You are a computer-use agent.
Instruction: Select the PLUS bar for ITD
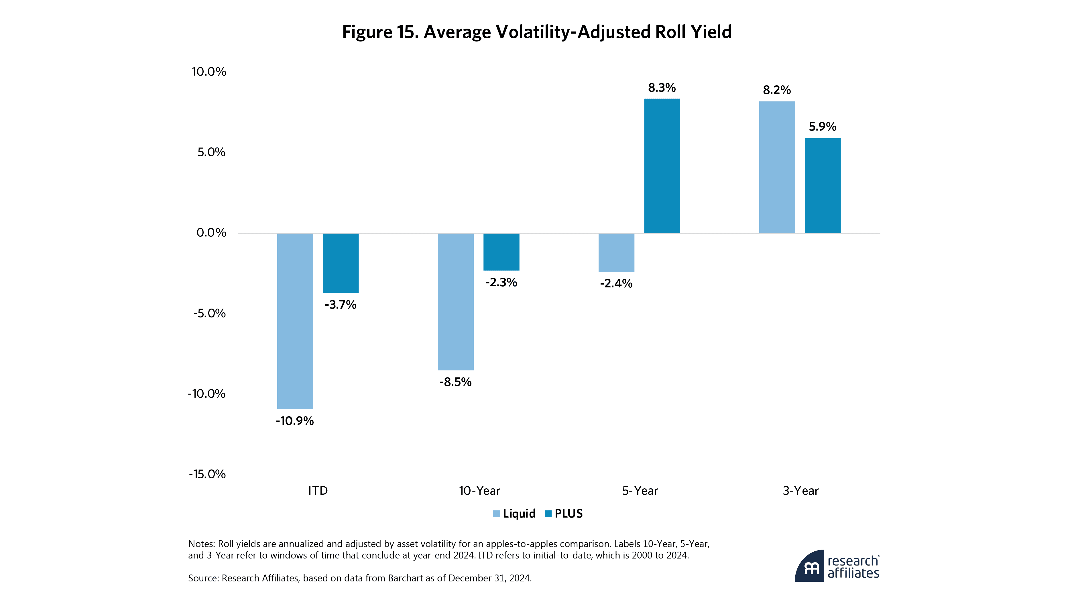(x=341, y=263)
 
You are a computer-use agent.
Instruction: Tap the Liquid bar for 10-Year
(x=455, y=302)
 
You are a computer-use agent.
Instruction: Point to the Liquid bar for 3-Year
(x=777, y=167)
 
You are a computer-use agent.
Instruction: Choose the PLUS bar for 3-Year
(x=822, y=185)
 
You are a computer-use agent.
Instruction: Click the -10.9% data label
(x=295, y=421)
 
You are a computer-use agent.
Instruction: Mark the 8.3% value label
(x=662, y=88)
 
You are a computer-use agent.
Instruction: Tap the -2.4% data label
(x=616, y=284)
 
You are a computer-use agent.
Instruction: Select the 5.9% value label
(x=822, y=127)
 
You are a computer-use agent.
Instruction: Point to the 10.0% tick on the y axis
(x=209, y=72)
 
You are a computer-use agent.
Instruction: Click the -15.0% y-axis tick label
(x=207, y=474)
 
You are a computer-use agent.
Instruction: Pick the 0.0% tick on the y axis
(x=211, y=232)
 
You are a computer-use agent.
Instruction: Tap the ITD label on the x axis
(x=318, y=491)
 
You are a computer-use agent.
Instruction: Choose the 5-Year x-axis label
(x=640, y=491)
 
